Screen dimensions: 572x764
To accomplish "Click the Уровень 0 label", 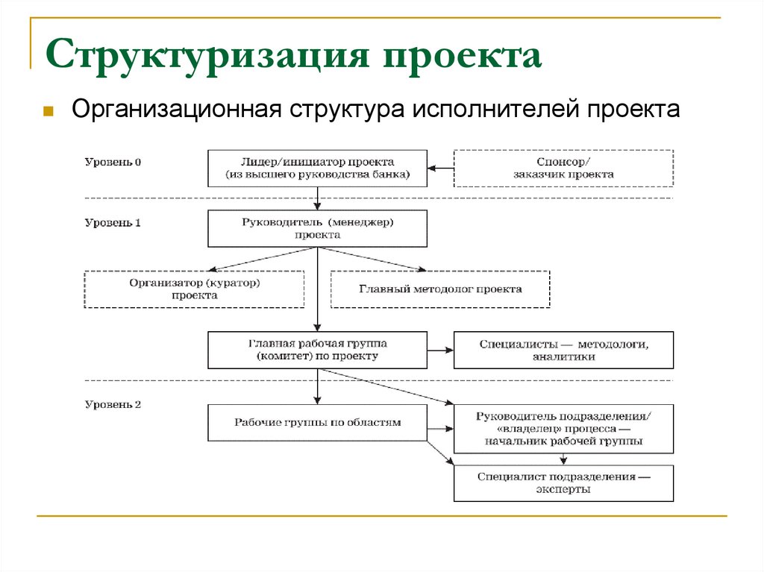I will (113, 161).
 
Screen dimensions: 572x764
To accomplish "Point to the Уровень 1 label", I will (113, 222).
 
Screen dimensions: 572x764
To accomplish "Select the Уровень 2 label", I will (113, 405).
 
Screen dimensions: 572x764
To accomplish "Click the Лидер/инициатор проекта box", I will (317, 168).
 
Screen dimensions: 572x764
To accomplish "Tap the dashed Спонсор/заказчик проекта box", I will (563, 168).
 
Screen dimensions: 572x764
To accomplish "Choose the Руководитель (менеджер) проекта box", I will (317, 228).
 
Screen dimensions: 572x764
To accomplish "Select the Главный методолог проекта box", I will (440, 289).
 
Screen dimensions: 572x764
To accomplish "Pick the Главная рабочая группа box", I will (317, 350).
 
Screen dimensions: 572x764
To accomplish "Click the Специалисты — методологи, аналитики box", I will (563, 350).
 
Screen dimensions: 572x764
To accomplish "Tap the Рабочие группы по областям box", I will (317, 423).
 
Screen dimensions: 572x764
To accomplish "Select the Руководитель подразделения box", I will (563, 429).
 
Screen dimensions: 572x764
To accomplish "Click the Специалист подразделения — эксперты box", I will (563, 483).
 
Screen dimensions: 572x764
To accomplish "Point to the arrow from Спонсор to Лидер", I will (441, 168).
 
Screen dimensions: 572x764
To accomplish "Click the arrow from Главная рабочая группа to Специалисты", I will (441, 350).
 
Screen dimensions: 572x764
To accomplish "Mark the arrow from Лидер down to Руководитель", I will (318, 198).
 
